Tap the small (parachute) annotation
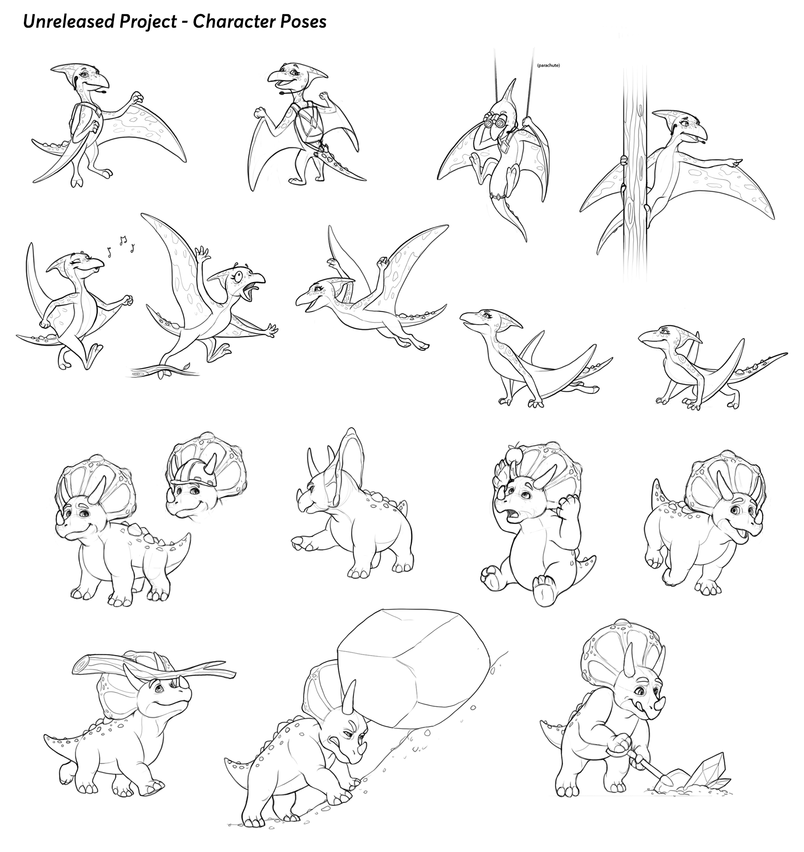pyautogui.click(x=548, y=66)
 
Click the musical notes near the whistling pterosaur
pyautogui.click(x=121, y=245)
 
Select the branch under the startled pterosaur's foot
pyautogui.click(x=165, y=369)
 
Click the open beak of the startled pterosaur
pyautogui.click(x=254, y=288)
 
